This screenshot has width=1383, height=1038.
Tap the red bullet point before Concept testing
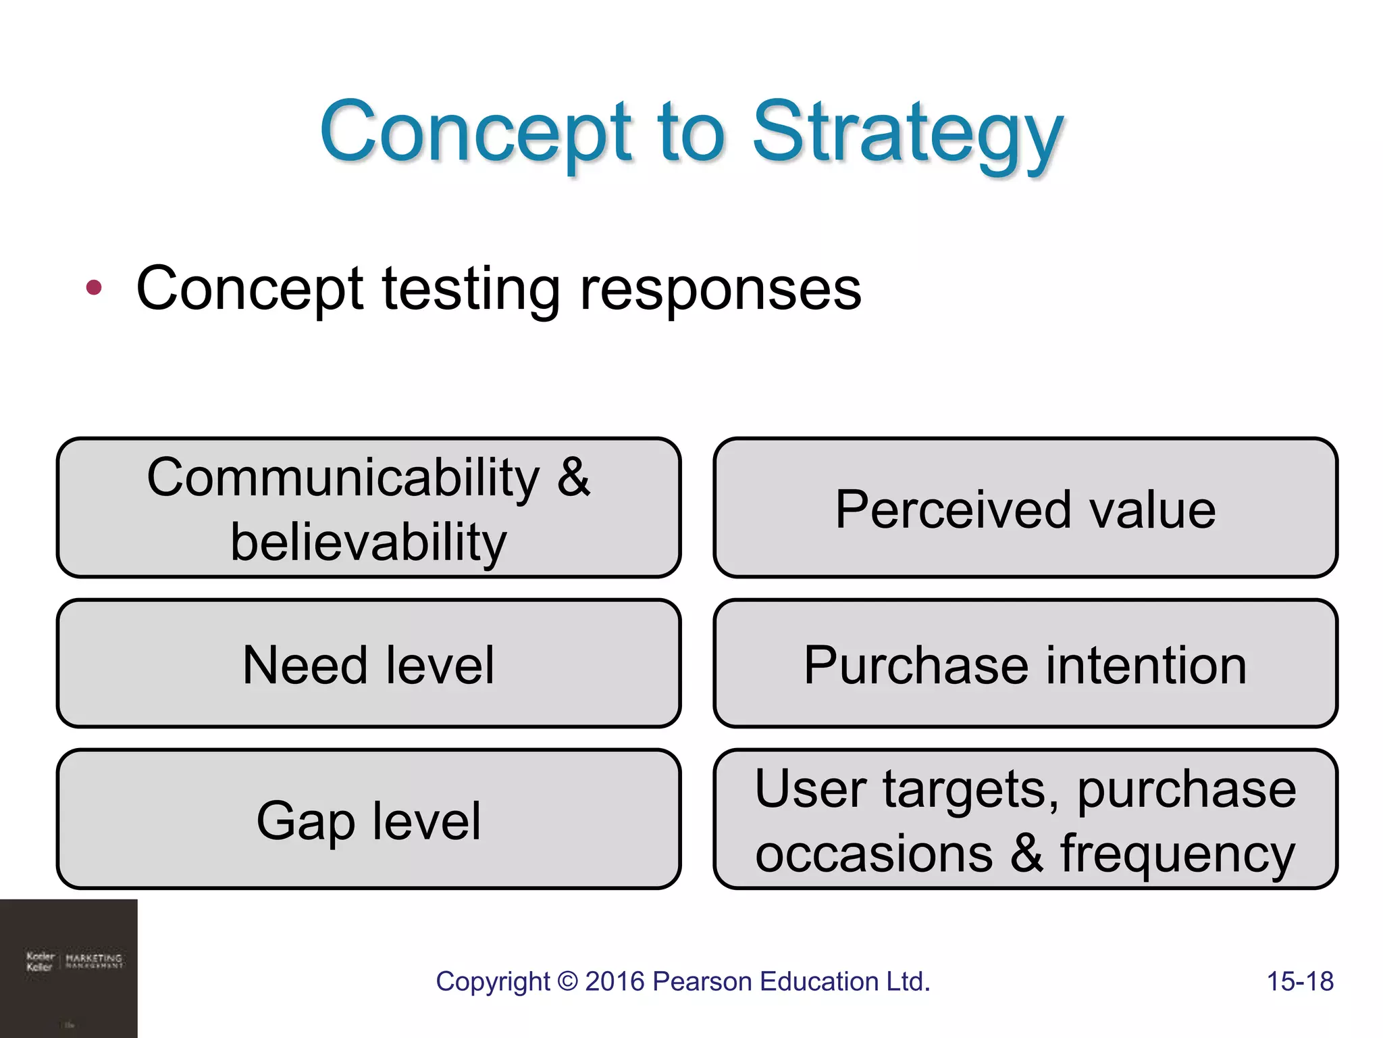coord(94,288)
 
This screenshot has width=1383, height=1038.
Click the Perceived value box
coord(1025,508)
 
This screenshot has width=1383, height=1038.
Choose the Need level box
coord(369,664)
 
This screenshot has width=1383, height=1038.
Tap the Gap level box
coord(369,820)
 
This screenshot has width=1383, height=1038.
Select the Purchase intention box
coord(1025,664)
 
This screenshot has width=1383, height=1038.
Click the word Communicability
coord(344,477)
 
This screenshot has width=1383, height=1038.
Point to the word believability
coord(369,542)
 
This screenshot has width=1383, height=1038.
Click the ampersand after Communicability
coord(573,477)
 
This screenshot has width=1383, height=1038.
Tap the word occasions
coord(874,853)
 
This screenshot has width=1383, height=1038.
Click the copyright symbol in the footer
coord(568,981)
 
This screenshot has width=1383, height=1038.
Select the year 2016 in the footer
coord(615,981)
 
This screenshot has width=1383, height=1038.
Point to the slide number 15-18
coord(1299,981)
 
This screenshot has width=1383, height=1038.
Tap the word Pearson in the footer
coord(702,981)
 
